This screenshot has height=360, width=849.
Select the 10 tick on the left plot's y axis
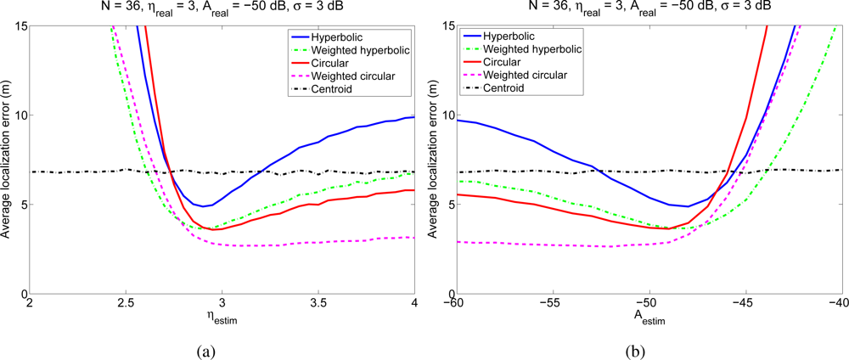(20, 115)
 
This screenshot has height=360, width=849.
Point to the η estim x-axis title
(222, 319)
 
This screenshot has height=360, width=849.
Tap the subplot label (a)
(222, 348)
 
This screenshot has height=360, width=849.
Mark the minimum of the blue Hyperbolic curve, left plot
(203, 206)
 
